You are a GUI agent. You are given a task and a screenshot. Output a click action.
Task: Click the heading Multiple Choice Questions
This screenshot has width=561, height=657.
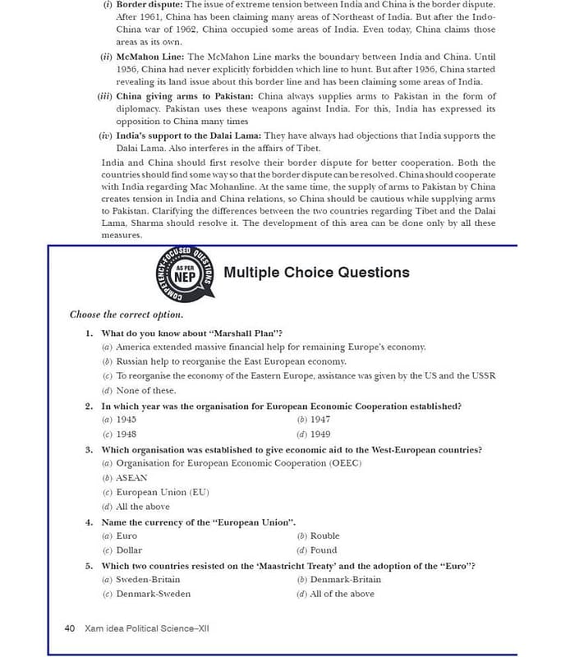pos(316,273)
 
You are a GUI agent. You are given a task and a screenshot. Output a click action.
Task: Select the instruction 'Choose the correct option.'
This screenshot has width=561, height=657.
pos(126,315)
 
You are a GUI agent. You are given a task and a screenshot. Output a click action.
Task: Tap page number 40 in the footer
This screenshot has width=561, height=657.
pos(70,628)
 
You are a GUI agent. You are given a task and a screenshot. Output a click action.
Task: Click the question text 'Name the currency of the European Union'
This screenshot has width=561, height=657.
pos(198,521)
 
